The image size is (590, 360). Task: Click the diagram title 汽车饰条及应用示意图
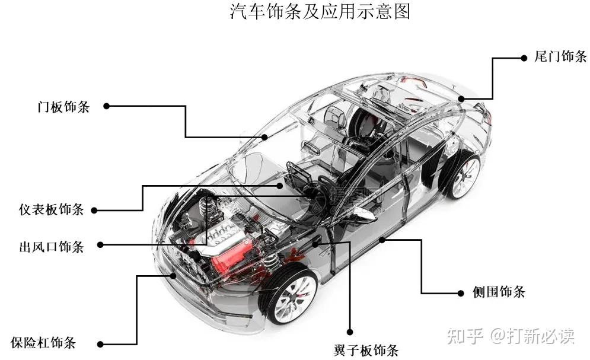tap(320, 11)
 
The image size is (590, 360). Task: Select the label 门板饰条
tap(63, 107)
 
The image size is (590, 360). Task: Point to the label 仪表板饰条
tap(52, 209)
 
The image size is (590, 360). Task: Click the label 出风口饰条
tap(52, 247)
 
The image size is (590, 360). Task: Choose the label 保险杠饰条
tap(43, 343)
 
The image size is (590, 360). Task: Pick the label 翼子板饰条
tap(366, 351)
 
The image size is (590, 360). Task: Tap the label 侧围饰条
tap(499, 292)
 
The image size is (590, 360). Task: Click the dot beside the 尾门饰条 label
tap(524, 58)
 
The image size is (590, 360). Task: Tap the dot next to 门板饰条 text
tap(107, 106)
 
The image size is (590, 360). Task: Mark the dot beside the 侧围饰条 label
tap(461, 294)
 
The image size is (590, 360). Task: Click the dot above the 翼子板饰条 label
tap(350, 332)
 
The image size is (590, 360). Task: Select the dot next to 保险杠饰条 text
tap(100, 344)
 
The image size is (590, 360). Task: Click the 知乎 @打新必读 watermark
tap(511, 336)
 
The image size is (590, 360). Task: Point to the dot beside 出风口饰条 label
tap(100, 245)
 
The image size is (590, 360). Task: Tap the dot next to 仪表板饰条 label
tap(94, 211)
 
